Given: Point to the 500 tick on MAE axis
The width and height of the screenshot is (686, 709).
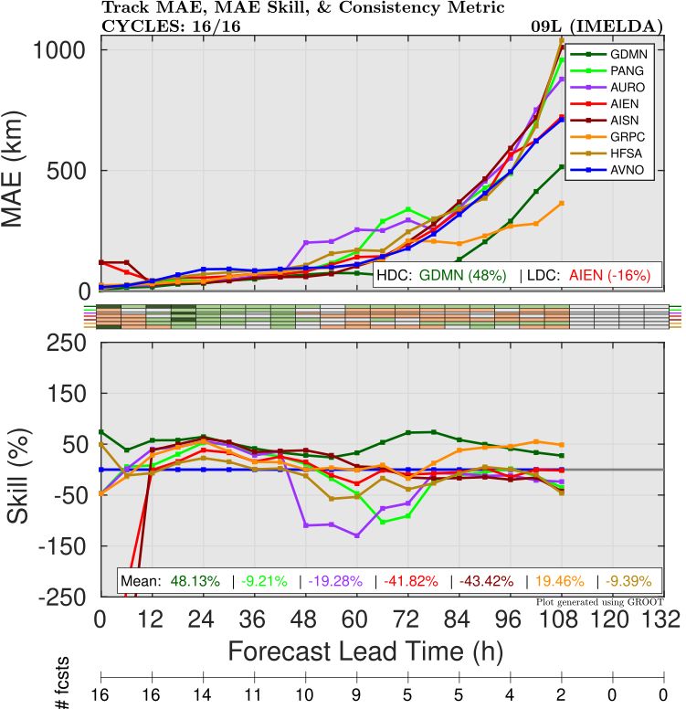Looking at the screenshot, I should [x=69, y=171].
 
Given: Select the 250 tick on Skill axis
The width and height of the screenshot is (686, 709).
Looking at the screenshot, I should [x=69, y=343].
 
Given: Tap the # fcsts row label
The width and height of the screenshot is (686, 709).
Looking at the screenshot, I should [x=64, y=692].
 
